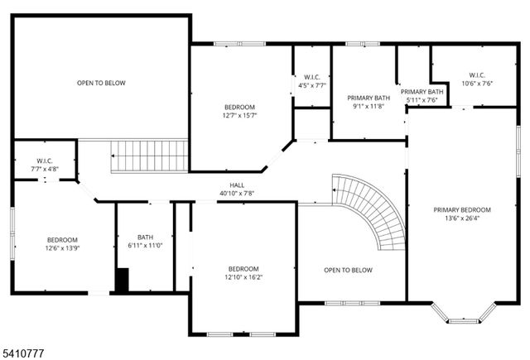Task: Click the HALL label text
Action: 237,185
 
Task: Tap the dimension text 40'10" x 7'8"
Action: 237,193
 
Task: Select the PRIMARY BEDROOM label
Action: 462,209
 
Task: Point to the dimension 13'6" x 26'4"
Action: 462,218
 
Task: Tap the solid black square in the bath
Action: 122,281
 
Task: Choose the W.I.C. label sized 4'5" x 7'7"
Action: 312,77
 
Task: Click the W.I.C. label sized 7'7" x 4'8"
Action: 45,161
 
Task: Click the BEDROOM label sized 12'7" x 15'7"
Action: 239,107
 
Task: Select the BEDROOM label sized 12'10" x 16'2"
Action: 243,269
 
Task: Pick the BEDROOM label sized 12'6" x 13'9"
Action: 62,239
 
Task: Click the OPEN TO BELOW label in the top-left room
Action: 101,83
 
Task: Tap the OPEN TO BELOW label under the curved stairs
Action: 348,270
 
